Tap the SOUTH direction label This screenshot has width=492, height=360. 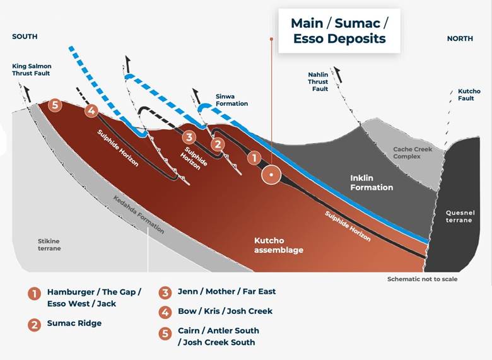point(25,37)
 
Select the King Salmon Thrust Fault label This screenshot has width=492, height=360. point(30,69)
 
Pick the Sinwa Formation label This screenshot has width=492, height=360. point(231,99)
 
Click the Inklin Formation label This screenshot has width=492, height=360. point(372,183)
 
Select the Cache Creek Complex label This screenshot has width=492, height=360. point(411,153)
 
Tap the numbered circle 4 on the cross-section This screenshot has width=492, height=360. point(91,112)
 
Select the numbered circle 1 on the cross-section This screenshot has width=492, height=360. point(254,158)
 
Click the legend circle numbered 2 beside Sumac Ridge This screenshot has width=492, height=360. point(33,325)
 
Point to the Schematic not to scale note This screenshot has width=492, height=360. point(422,279)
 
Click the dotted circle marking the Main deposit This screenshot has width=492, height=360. point(272,174)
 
